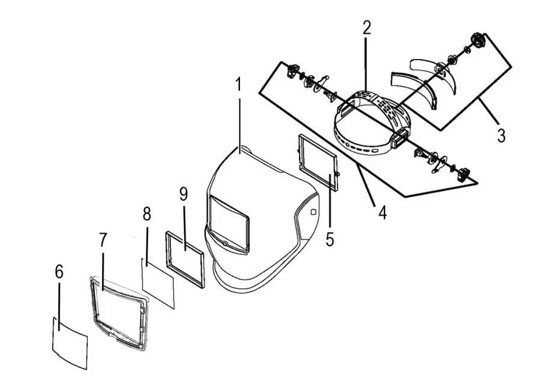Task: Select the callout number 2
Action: click(x=366, y=27)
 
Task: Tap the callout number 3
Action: click(x=501, y=135)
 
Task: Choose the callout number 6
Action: click(x=58, y=272)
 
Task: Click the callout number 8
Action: click(x=146, y=214)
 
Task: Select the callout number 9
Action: click(x=183, y=194)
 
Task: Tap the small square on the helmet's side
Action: click(x=313, y=212)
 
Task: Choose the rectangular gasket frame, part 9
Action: click(x=185, y=258)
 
